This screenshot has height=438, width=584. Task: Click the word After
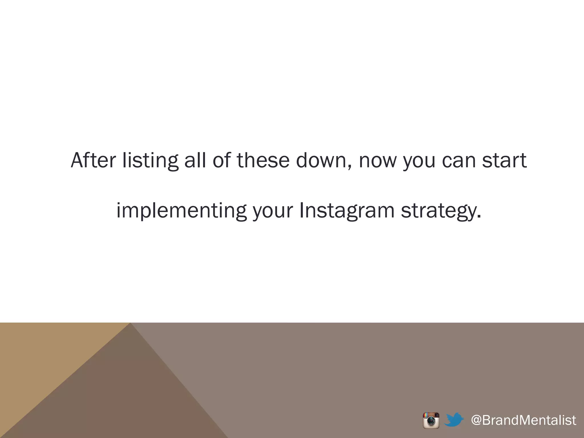pos(93,161)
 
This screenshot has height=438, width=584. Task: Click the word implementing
pos(181,211)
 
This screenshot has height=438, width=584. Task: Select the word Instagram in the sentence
pos(347,211)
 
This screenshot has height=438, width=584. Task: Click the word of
pos(222,161)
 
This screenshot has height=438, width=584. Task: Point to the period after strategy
pos(479,217)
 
